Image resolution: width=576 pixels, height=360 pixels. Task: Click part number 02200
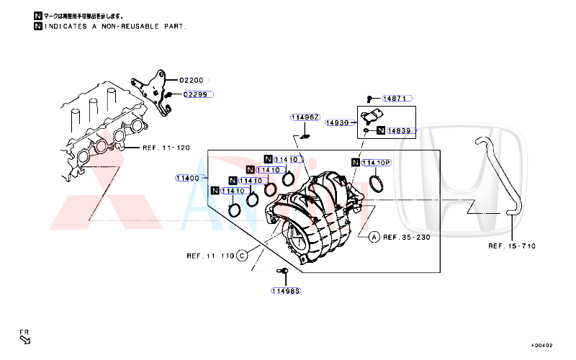[192, 81]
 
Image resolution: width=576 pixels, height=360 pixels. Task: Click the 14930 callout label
[338, 123]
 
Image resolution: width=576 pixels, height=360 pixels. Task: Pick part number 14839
[399, 131]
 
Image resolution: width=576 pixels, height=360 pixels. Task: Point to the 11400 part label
[189, 178]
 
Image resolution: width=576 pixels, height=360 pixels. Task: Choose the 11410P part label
[377, 163]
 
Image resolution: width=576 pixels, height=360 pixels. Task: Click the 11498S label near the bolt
[286, 291]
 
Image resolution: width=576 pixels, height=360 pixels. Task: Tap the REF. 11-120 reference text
[166, 148]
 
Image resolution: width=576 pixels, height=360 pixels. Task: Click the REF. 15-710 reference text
[512, 246]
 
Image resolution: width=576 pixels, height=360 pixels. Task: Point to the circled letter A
[374, 236]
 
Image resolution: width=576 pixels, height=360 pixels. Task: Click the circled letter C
[242, 256]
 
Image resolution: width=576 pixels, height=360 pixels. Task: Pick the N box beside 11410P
[355, 163]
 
